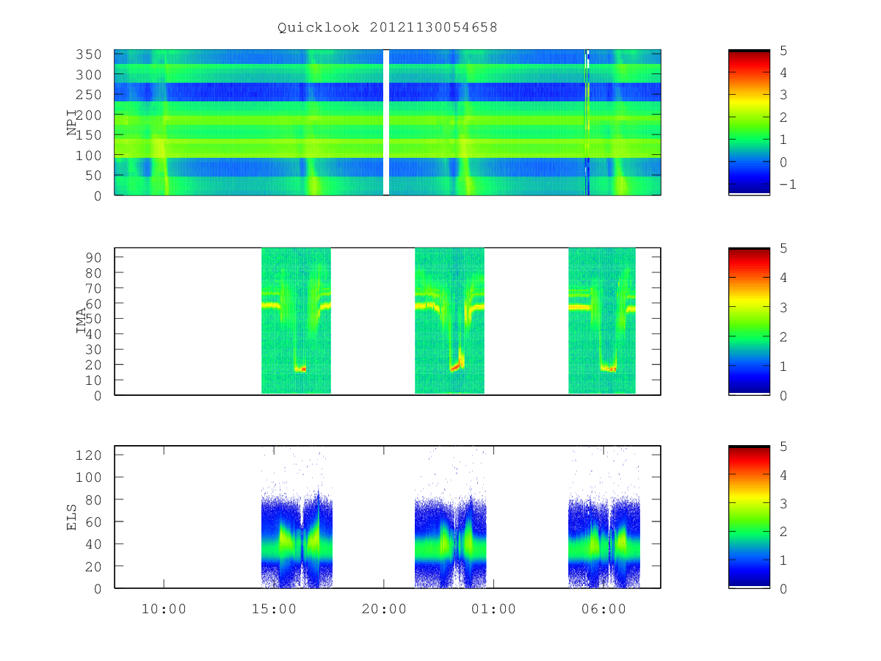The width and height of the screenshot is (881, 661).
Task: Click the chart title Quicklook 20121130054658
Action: [x=388, y=27]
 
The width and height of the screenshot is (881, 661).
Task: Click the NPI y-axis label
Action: [x=72, y=123]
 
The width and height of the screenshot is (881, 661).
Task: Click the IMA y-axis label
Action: [x=81, y=320]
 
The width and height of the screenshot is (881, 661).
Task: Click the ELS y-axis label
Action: [x=71, y=517]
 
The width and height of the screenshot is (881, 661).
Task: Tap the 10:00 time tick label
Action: [x=164, y=609]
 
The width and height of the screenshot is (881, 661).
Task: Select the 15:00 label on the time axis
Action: [x=274, y=609]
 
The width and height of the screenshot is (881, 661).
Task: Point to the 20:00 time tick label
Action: [x=384, y=609]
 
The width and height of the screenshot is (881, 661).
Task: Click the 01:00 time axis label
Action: [x=493, y=609]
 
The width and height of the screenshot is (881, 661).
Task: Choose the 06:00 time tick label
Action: [x=603, y=609]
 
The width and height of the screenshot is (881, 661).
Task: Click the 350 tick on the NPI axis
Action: [x=88, y=54]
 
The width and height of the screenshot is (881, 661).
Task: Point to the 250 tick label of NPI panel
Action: [x=88, y=95]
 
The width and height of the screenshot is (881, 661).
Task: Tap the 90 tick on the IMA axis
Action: [x=93, y=257]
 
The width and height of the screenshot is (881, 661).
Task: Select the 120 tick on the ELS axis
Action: [x=88, y=455]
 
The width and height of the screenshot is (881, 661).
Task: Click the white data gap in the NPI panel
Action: [x=386, y=123]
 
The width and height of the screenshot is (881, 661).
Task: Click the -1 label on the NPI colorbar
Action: [x=788, y=184]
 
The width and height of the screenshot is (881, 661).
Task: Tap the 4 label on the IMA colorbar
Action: [x=783, y=278]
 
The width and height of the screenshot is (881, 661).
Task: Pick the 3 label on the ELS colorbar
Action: [x=783, y=504]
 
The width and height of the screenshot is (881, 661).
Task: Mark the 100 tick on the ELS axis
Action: [x=88, y=477]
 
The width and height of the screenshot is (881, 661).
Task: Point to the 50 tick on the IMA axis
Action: [x=93, y=319]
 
